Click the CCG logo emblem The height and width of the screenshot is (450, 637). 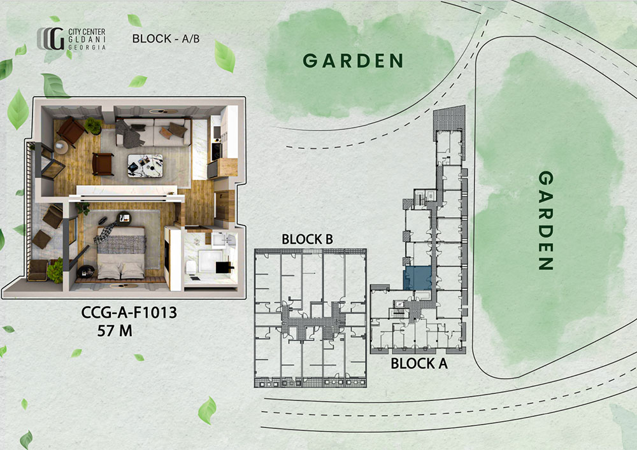pyautogui.click(x=51, y=39)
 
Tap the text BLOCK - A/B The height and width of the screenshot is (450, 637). pyautogui.click(x=166, y=39)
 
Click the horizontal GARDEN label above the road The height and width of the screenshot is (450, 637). pyautogui.click(x=353, y=61)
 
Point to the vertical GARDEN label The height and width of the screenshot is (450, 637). pyautogui.click(x=546, y=220)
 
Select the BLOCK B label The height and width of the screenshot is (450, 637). pyautogui.click(x=307, y=239)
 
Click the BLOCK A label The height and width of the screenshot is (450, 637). pyautogui.click(x=419, y=363)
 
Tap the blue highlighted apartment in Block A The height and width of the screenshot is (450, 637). pyautogui.click(x=417, y=278)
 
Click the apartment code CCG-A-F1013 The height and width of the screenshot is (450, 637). pyautogui.click(x=129, y=313)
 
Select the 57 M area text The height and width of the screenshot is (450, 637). pyautogui.click(x=115, y=331)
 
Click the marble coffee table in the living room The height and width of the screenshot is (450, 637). pyautogui.click(x=145, y=165)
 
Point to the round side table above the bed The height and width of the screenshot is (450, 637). pyautogui.click(x=124, y=218)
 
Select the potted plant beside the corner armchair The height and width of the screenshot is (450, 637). pyautogui.click(x=93, y=126)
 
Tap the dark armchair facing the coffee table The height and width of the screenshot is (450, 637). pyautogui.click(x=103, y=164)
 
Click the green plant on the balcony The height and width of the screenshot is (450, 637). pyautogui.click(x=55, y=271)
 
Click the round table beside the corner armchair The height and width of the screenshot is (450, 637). pyautogui.click(x=61, y=147)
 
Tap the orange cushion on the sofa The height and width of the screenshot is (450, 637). pyautogui.click(x=166, y=132)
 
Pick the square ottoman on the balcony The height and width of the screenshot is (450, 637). pyautogui.click(x=41, y=239)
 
